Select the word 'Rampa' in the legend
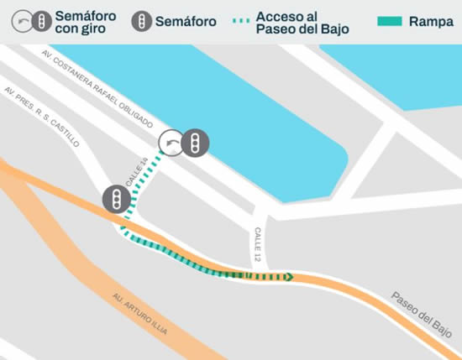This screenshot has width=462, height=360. [431, 22]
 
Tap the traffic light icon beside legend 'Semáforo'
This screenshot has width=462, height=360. [143, 22]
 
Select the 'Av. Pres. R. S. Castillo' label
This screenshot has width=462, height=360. [41, 114]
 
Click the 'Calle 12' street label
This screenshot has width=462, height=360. [257, 243]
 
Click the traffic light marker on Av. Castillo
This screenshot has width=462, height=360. [116, 200]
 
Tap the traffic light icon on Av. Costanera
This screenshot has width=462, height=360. [196, 143]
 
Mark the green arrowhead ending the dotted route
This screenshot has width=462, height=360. [288, 277]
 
